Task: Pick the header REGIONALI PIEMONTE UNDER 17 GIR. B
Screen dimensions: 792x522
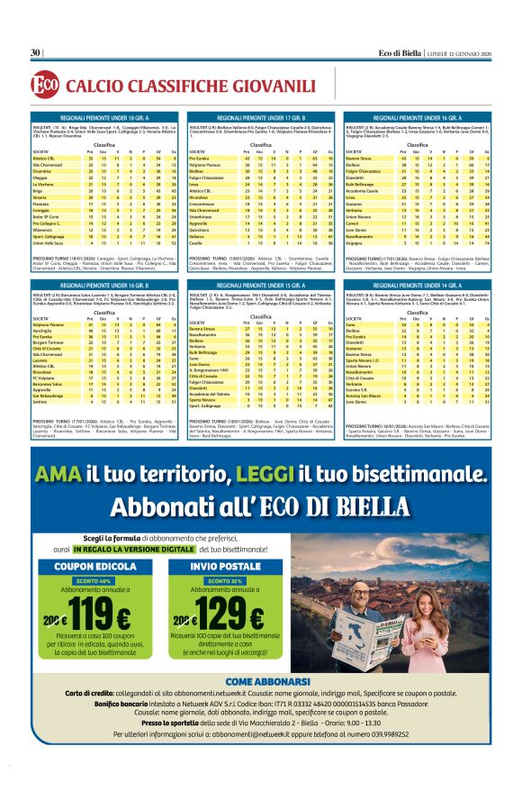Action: pyautogui.click(x=261, y=118)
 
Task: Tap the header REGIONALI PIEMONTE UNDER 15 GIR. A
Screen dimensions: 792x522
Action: pyautogui.click(x=261, y=285)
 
